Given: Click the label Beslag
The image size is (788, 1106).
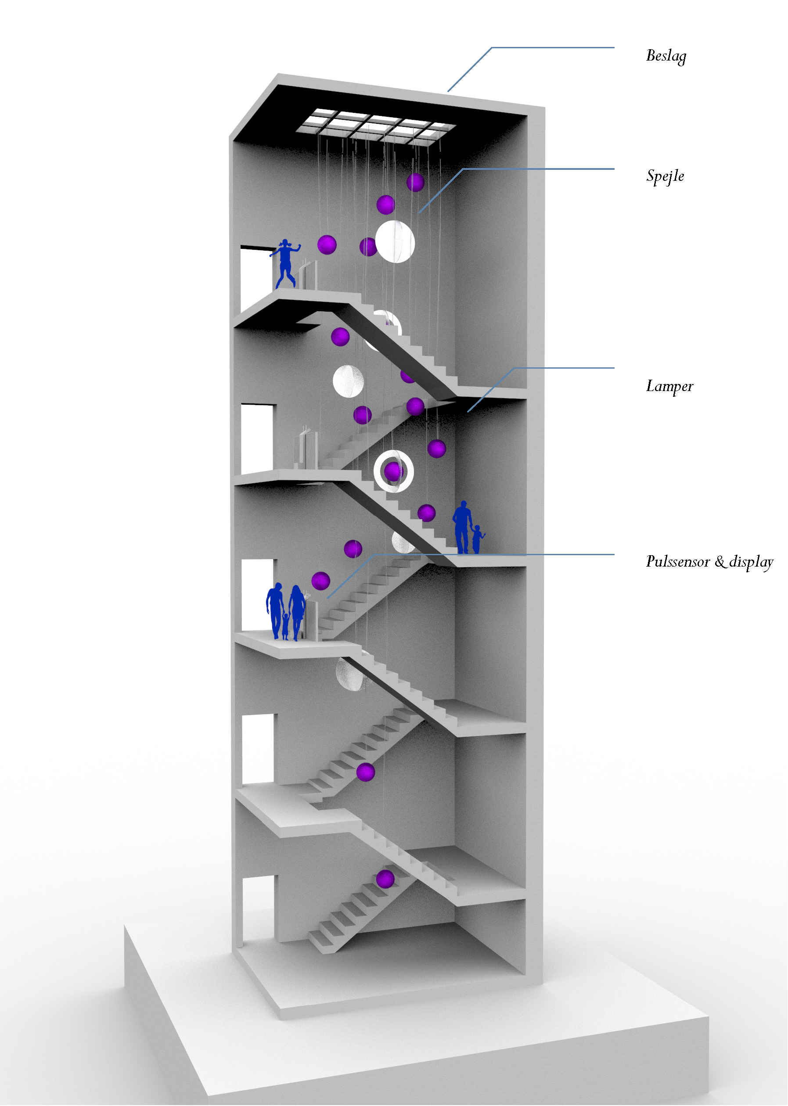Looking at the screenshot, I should [666, 56].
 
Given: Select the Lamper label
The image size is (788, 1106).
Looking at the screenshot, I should [669, 386].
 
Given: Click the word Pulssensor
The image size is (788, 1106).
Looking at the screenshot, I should [678, 562].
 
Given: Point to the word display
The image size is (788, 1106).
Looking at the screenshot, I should [751, 562].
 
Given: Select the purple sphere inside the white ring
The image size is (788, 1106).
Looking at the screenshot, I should [392, 470].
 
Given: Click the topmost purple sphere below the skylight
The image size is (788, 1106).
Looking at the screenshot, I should [415, 183].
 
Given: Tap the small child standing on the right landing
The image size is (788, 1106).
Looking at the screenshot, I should [478, 539].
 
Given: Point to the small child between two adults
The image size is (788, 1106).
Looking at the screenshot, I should [285, 626].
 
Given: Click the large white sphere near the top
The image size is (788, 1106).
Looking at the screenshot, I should [395, 241].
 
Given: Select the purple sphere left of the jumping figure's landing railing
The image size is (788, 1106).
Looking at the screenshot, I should [327, 244].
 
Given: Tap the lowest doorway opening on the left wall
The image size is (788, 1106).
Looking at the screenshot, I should [257, 907].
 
